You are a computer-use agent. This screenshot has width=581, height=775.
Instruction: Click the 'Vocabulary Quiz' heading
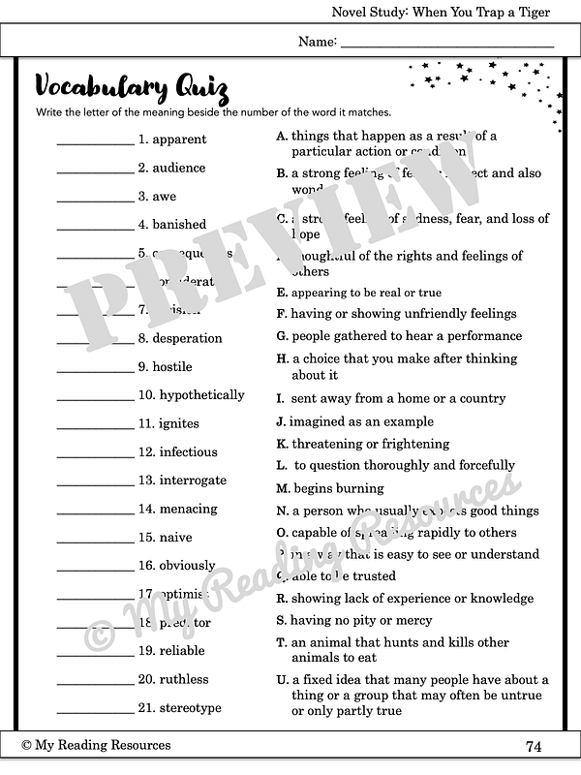click(x=132, y=88)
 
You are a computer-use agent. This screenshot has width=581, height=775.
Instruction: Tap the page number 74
click(x=534, y=746)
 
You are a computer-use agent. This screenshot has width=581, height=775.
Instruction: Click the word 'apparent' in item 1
click(x=179, y=139)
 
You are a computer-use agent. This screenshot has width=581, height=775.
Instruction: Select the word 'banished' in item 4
click(x=179, y=225)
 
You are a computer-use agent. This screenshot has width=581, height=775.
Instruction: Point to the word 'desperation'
click(x=187, y=339)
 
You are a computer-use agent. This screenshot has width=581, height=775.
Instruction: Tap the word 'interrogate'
click(x=193, y=480)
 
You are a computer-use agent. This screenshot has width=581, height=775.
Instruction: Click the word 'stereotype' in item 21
click(x=190, y=708)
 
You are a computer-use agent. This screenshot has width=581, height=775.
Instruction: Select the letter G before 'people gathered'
click(x=282, y=336)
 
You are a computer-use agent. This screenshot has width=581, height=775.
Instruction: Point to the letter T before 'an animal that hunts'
click(x=282, y=642)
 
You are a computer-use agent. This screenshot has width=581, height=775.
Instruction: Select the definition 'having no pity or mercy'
click(x=361, y=620)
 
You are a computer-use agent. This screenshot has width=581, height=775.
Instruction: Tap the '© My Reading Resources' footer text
click(x=96, y=745)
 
